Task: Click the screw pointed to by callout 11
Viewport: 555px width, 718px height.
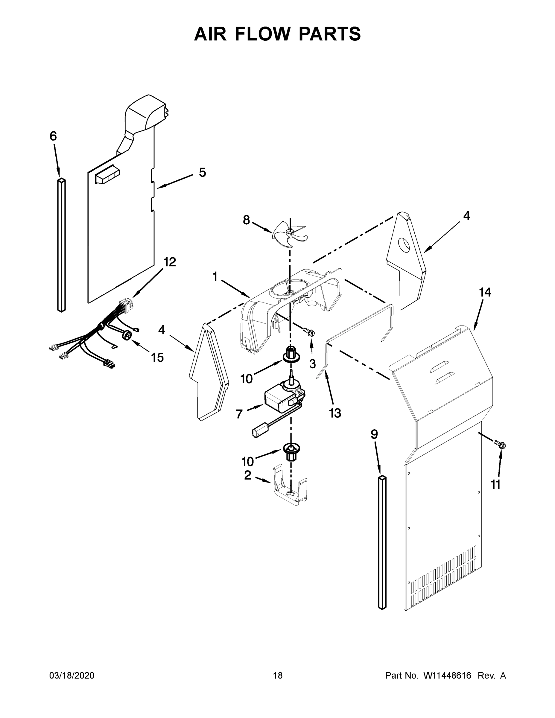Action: tap(501, 445)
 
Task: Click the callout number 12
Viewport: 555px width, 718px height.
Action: tap(170, 262)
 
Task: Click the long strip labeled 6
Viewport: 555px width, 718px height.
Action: tap(62, 245)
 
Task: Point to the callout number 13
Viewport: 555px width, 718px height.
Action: tap(335, 413)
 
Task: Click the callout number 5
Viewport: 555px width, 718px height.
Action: tap(203, 172)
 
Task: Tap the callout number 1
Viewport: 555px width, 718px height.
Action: tap(215, 276)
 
